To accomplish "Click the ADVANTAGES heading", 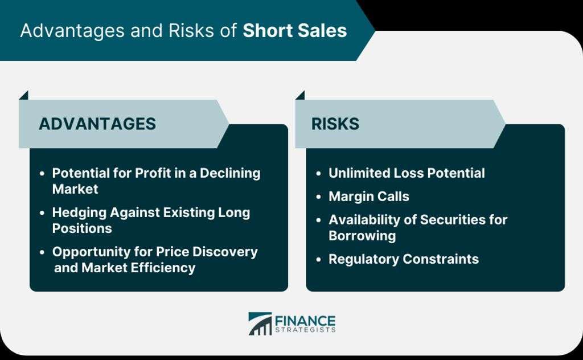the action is (97, 124).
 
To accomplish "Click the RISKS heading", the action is (335, 124).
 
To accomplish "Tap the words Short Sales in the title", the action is (294, 31).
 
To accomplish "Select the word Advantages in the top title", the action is (72, 31).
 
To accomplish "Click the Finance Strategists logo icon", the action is (260, 324).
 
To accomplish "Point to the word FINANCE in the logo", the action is (305, 321).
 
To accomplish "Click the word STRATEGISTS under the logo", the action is (305, 330).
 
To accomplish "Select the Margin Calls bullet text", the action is (369, 197).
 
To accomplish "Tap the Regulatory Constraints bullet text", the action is (404, 259).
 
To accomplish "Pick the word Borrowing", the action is (362, 236).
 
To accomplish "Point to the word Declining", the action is (230, 173).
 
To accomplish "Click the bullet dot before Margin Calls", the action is (318, 197).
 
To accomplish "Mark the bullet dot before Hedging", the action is (42, 212).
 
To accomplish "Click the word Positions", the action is (82, 228).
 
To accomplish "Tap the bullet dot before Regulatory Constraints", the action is (318, 259).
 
